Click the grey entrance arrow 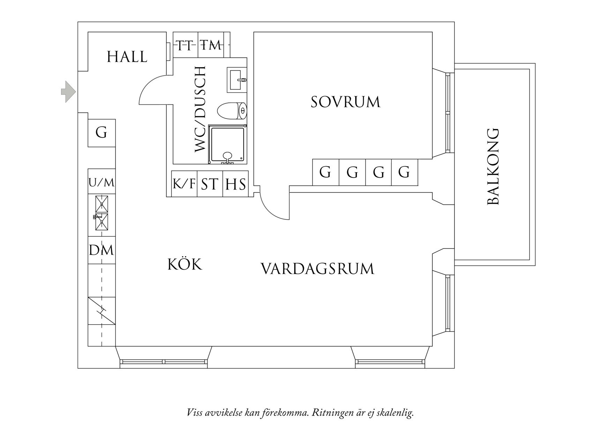tap(68, 92)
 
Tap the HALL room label tap(127, 57)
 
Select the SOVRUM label tap(345, 102)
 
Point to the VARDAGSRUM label tap(318, 269)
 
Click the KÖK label tap(185, 264)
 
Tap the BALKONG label tap(493, 167)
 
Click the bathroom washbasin tap(237, 80)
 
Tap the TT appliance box tap(186, 45)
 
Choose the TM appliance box tap(211, 45)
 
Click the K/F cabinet tap(184, 184)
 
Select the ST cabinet tap(210, 184)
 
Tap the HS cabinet tap(236, 184)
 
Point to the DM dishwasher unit tap(102, 250)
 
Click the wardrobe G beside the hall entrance tap(102, 133)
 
